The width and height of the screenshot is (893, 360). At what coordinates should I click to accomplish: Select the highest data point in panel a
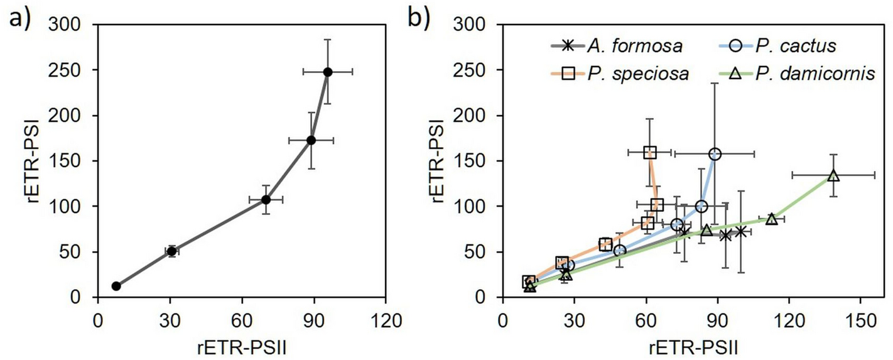click(327, 72)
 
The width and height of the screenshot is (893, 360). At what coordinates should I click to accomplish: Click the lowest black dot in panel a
click(116, 286)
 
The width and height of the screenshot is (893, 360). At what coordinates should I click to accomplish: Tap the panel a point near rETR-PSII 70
click(266, 199)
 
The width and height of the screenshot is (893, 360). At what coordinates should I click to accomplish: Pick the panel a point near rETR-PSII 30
click(171, 251)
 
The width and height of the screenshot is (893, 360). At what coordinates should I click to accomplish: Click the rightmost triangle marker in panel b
click(833, 175)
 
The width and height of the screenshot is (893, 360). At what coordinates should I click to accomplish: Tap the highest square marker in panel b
click(650, 152)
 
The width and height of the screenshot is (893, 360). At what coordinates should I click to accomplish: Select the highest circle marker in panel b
click(715, 154)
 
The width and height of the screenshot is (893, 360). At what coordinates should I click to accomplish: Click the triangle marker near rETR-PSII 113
click(771, 219)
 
